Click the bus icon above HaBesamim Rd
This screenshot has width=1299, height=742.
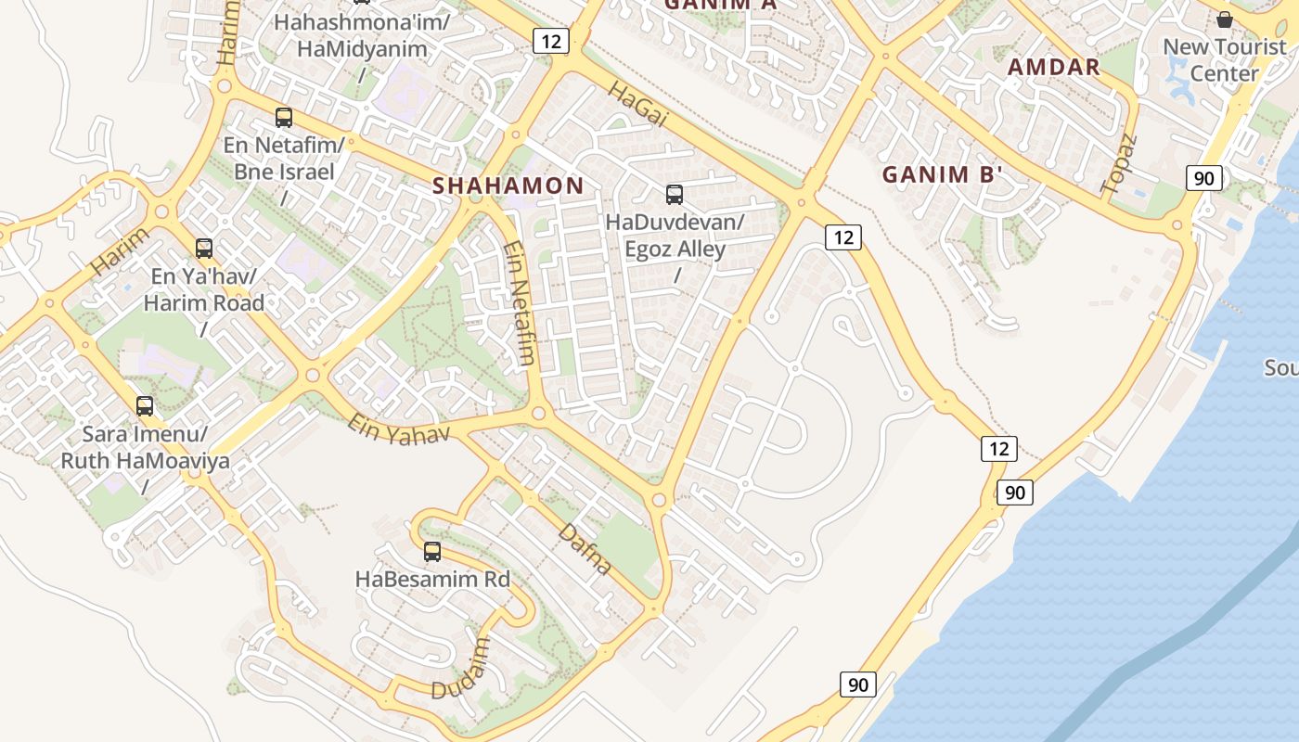point(432,552)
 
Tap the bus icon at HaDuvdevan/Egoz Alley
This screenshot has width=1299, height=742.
point(675,195)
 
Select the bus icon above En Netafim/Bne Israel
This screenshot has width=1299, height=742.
point(284,118)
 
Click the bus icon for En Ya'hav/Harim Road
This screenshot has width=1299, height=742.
point(204,249)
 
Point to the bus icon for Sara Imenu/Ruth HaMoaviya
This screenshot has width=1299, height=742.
point(145,406)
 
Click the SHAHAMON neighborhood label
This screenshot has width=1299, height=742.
point(508,185)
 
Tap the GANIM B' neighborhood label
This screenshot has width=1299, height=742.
point(943,174)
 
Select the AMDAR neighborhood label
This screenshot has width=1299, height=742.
point(1054,67)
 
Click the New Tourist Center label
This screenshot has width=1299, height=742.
point(1225,60)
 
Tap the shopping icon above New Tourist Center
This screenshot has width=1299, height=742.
point(1225,19)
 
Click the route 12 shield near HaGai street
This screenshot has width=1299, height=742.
point(550,41)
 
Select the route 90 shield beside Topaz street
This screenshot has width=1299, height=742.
point(1203,178)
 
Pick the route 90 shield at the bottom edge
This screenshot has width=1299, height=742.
point(858,684)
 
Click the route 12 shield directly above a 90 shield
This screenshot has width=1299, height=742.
point(998,449)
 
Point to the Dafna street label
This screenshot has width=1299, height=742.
point(585,549)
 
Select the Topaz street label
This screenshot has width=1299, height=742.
point(1119,164)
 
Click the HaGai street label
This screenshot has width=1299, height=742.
point(638,103)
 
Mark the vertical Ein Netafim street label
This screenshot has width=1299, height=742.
point(521,303)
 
